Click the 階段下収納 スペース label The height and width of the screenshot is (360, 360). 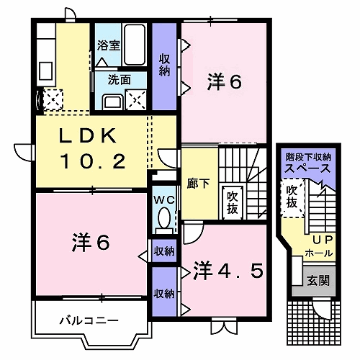[308, 162]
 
